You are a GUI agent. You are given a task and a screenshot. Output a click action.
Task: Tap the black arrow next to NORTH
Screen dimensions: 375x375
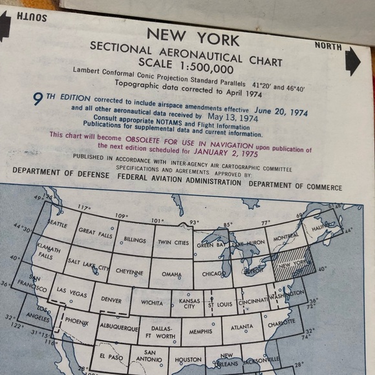click(352, 61)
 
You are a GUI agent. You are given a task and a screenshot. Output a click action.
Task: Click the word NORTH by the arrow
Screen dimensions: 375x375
click(328, 46)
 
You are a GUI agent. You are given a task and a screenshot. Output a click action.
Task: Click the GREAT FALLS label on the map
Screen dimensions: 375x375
click(95, 232)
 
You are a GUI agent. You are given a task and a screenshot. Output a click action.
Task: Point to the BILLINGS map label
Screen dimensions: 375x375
click(134, 240)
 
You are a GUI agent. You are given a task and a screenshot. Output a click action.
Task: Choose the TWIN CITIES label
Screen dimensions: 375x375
click(173, 243)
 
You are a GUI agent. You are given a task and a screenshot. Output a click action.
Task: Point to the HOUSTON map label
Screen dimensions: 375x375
click(188, 360)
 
